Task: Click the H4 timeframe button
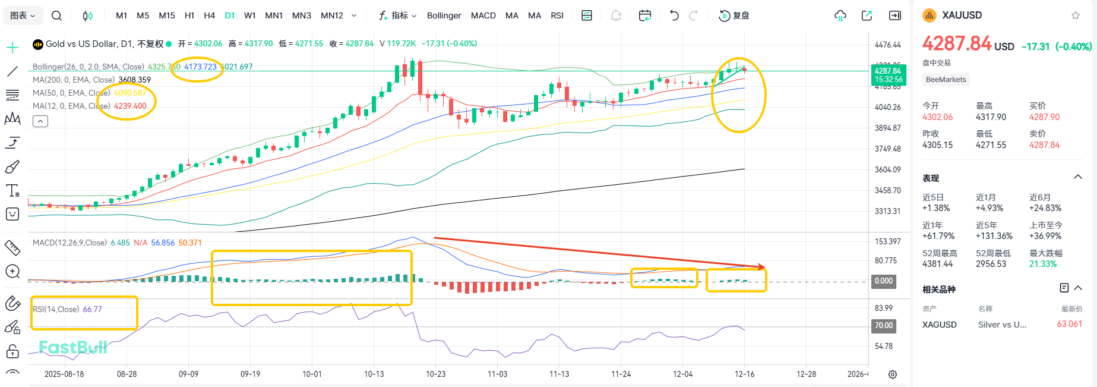coord(209,15)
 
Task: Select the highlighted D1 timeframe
coord(230,15)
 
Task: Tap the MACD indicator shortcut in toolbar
coord(483,15)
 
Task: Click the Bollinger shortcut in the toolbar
coord(444,15)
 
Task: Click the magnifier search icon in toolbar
coord(56,15)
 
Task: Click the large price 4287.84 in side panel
coord(956,43)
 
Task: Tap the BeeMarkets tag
coord(946,80)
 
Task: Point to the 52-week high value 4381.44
coord(937,264)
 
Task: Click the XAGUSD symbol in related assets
coord(939,325)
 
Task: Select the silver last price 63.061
coord(1069,324)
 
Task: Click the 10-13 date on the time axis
coord(374,374)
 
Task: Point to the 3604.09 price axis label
coord(887,169)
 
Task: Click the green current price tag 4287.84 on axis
coord(887,74)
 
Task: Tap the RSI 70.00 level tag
coord(883,325)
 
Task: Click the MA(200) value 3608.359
coord(134,80)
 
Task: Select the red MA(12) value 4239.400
coord(130,106)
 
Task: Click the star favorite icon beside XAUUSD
coord(1075,15)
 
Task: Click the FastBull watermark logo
coord(73,347)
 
